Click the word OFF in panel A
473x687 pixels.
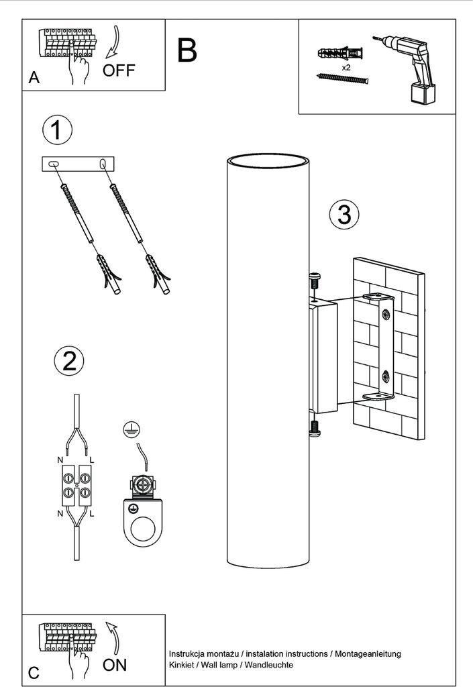tap(119, 70)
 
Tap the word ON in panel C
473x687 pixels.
tap(115, 665)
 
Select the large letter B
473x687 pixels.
tap(187, 50)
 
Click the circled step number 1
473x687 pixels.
tap(57, 130)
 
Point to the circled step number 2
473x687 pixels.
tap(69, 362)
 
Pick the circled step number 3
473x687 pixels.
tap(344, 214)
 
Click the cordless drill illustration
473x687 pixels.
tap(407, 69)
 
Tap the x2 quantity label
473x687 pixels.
tap(346, 68)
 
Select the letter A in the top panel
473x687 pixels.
tap(34, 78)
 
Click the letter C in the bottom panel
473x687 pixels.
tap(34, 673)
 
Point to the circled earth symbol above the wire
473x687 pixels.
tap(132, 430)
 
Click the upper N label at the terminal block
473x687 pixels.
tap(60, 460)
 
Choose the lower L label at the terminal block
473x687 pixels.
tap(91, 513)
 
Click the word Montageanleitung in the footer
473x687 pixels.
tap(368, 653)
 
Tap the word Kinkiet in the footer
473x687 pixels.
tap(181, 665)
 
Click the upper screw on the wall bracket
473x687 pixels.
tap(386, 314)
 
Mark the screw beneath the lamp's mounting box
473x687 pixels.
tap(315, 429)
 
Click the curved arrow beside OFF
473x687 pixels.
tap(113, 42)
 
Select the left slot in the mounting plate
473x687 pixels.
tap(54, 164)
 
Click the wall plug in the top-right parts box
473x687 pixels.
tap(341, 53)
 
